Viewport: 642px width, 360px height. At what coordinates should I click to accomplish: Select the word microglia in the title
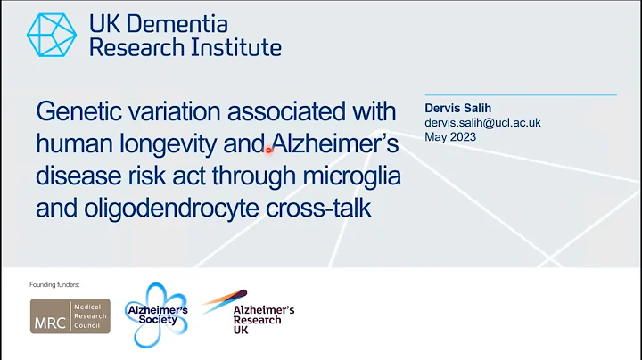tap(350, 175)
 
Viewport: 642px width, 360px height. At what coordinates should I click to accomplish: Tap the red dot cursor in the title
tap(267, 150)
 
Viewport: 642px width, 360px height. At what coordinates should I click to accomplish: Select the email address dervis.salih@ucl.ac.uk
tap(482, 123)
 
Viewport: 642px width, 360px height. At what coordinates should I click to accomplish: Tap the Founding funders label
tap(55, 284)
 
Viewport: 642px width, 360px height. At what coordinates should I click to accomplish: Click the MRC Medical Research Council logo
tap(70, 316)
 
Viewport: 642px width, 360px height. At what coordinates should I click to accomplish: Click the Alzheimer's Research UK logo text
tap(263, 318)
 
